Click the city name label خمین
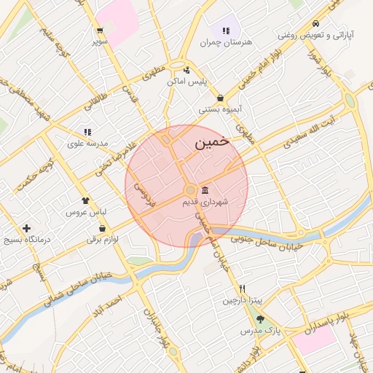coord(212,143)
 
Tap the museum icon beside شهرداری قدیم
coord(205,190)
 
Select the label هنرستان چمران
coord(226,42)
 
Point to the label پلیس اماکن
coord(187,82)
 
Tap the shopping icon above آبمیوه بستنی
coord(220,98)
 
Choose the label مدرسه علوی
coord(87,144)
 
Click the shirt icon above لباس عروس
coord(86,200)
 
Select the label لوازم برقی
coord(103,238)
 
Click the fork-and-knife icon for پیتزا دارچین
coord(242,288)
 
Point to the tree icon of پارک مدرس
coord(261,319)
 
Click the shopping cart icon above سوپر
coord(100,31)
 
